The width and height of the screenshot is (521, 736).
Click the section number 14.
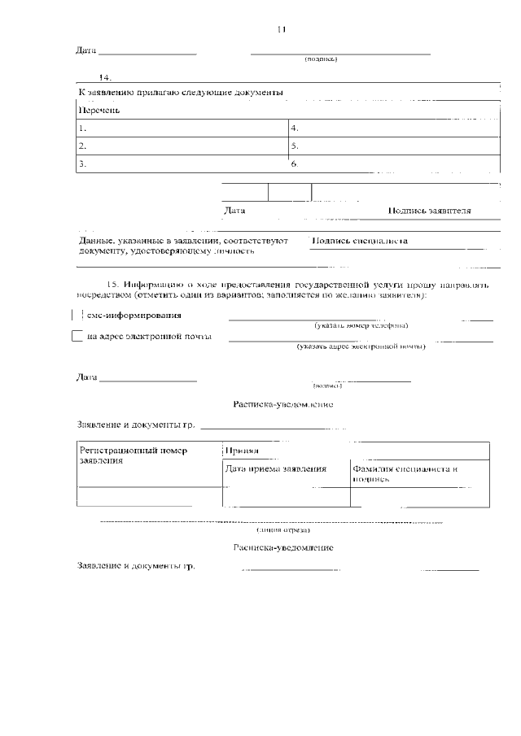[x=104, y=77]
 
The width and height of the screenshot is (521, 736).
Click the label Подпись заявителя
[x=429, y=211]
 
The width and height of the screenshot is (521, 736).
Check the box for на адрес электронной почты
[x=77, y=336]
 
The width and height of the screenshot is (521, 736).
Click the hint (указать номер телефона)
[x=361, y=325]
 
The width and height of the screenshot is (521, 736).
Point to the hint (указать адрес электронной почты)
[x=361, y=346]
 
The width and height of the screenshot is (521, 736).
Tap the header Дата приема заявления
[x=275, y=468]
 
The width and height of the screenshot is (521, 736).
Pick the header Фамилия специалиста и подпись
[x=405, y=473]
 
